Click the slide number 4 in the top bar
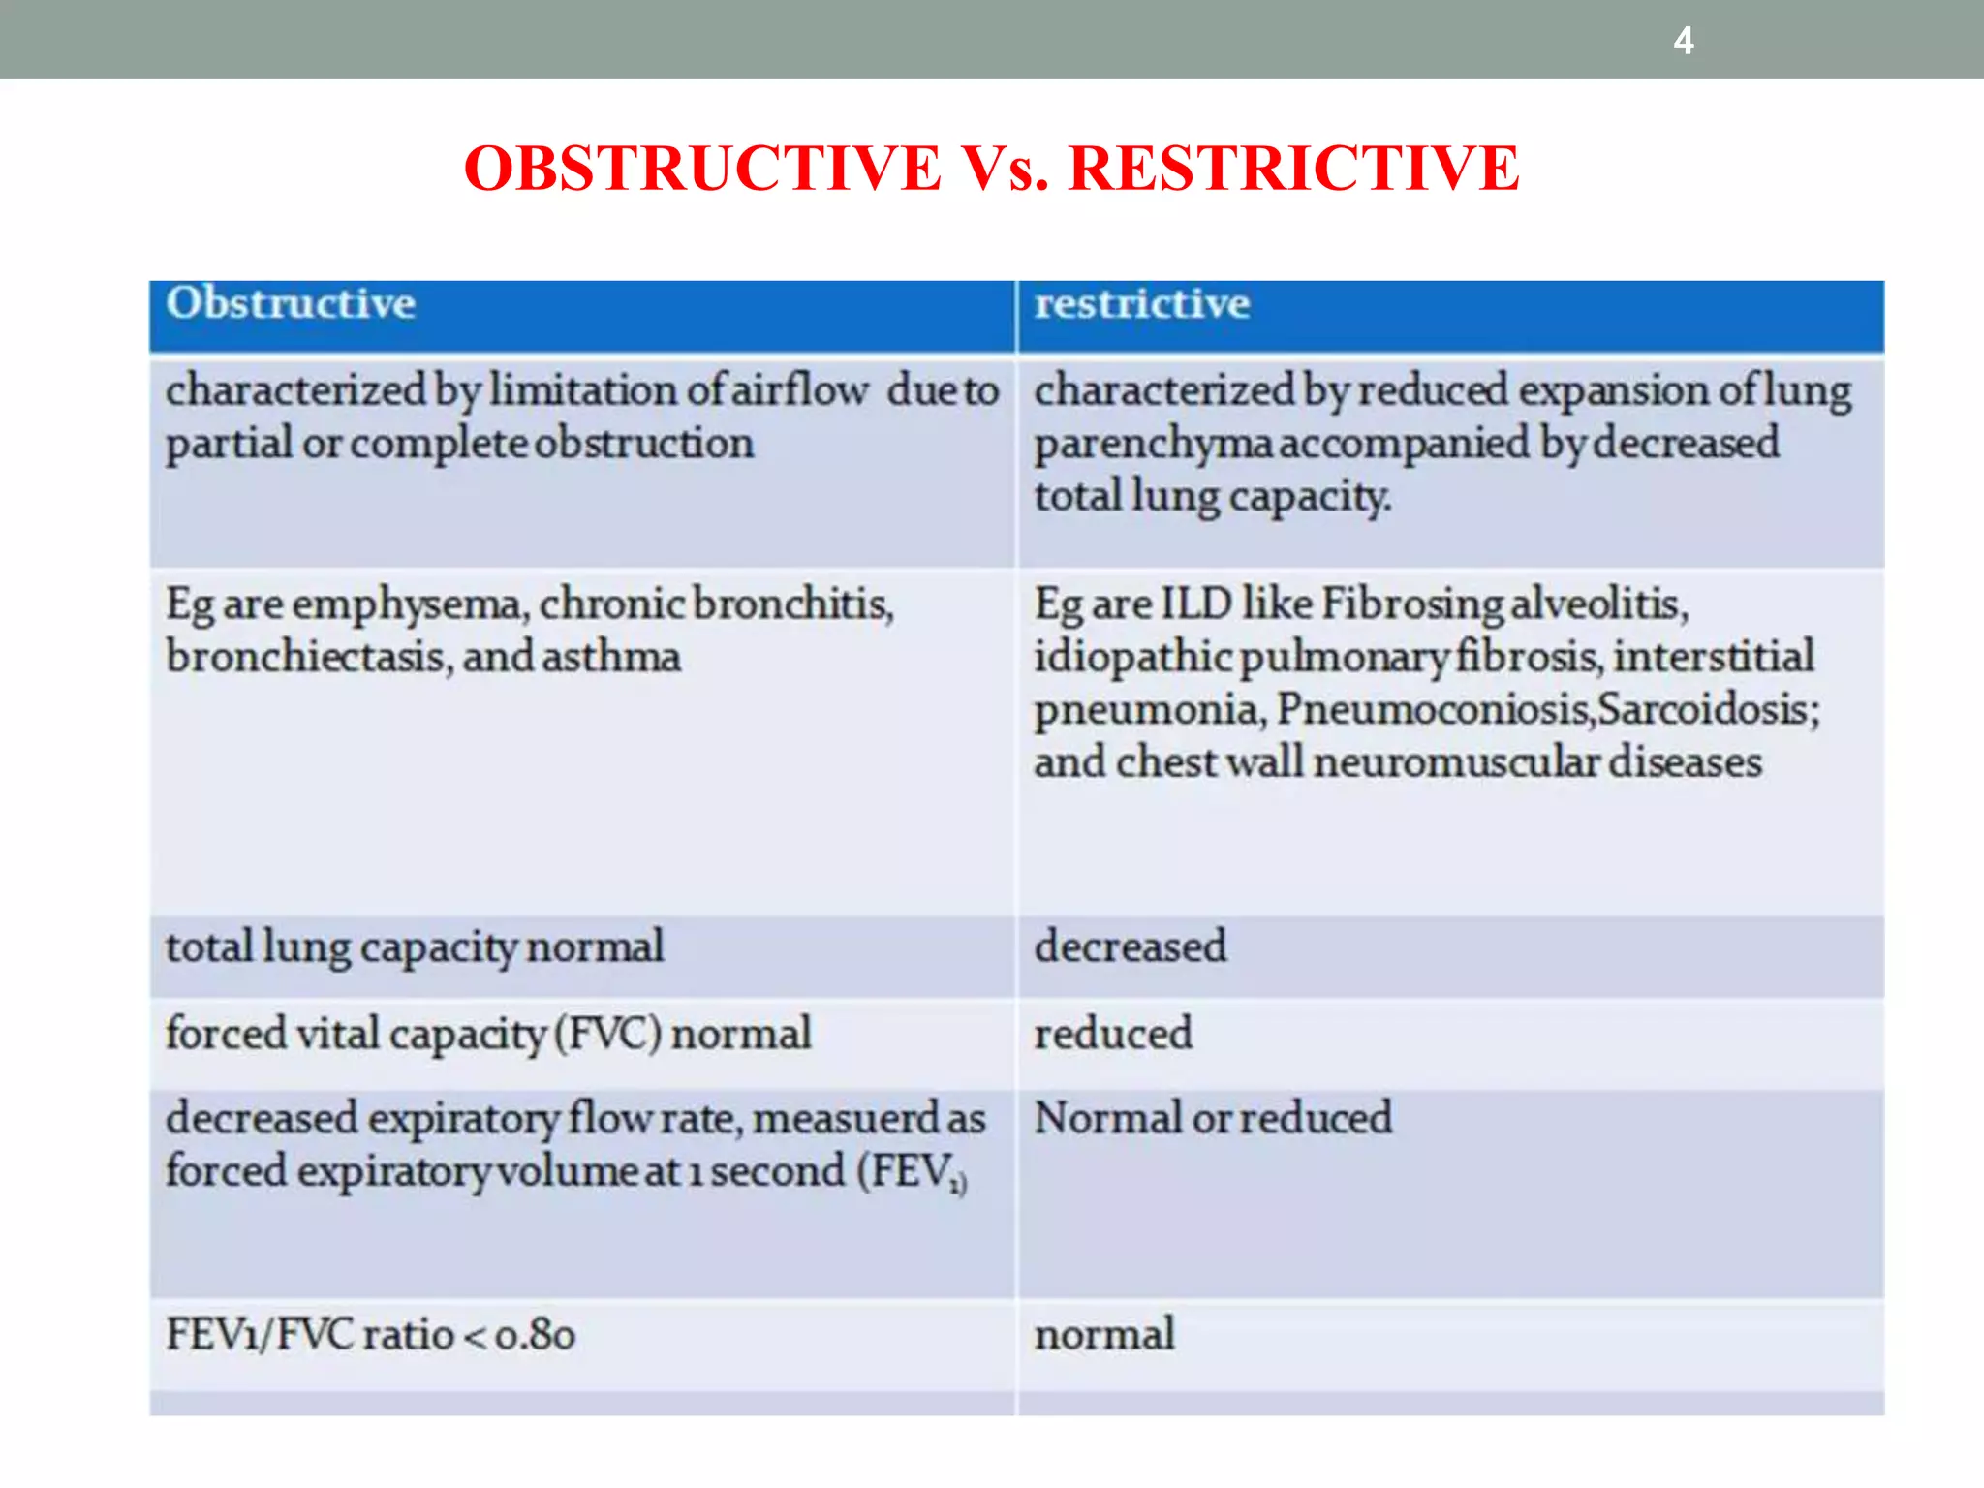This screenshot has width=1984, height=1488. pos(1684,41)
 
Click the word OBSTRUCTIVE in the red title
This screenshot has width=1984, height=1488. pos(701,169)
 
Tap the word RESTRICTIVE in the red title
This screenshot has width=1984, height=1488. pos(1293,169)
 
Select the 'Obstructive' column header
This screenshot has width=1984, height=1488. pos(291,304)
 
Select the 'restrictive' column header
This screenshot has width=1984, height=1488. pos(1141,304)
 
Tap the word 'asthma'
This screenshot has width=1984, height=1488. pos(610,658)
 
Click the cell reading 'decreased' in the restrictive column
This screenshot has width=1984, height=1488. pos(1130,946)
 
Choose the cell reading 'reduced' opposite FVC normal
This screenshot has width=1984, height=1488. pos(1113,1034)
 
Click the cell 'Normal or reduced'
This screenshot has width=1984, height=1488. pos(1212,1118)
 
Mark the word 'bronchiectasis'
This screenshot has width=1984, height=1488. pos(305,658)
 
